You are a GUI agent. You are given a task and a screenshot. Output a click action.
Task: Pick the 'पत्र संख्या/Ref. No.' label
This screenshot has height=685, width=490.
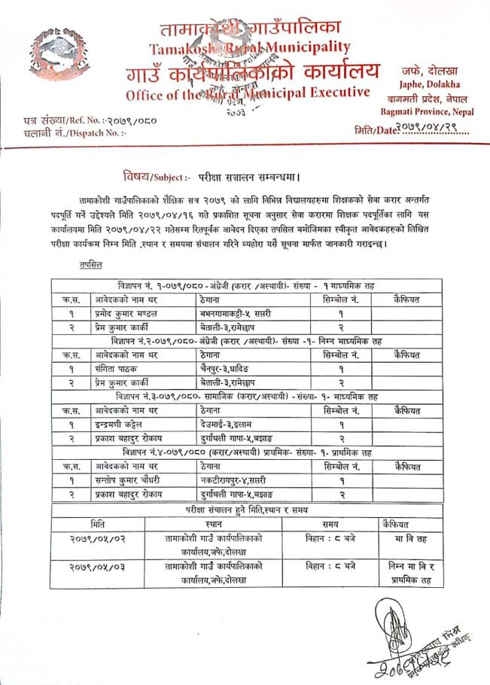click(x=72, y=120)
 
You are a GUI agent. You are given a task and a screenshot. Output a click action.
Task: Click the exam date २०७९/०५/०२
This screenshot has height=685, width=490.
click(x=97, y=538)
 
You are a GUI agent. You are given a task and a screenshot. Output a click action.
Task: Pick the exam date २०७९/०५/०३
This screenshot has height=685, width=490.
click(x=97, y=566)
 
